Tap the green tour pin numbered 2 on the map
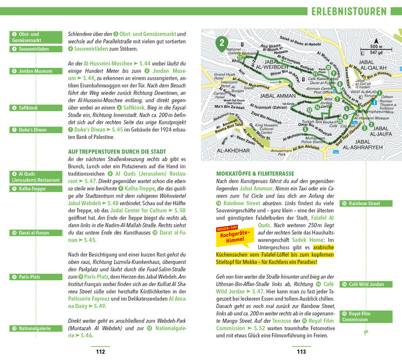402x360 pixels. (221, 43)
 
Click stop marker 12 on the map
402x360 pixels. (240, 58)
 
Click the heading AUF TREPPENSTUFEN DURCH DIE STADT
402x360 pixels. (117, 152)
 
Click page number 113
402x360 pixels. (301, 352)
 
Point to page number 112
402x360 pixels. (100, 352)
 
